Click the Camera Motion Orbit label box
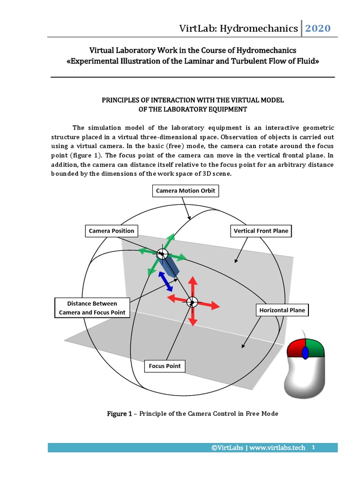186,191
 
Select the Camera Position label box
112,231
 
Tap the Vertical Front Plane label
261,231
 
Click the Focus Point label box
165,366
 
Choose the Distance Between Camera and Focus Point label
92,308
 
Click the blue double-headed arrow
165,280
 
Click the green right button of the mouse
316,349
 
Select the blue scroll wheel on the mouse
305,352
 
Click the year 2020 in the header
318,29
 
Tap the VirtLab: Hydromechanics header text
239,29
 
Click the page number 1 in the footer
313,447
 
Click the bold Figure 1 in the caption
117,413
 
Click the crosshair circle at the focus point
191,302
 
